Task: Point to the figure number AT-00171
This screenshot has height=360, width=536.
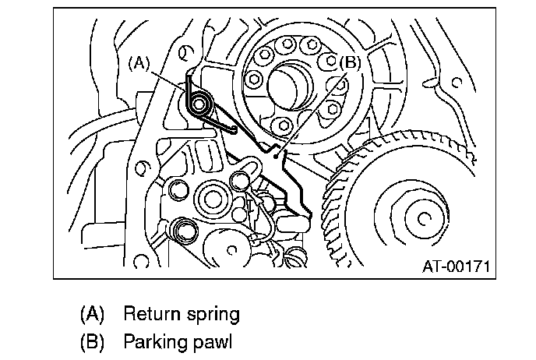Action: coord(455,266)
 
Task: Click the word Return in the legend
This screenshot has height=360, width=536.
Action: coord(151,315)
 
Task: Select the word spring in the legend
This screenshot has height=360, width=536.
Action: coord(211,315)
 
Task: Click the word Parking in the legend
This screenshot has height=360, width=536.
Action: coord(153,341)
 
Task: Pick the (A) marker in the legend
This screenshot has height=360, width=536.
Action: coord(92,315)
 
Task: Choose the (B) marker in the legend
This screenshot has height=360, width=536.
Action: coord(92,341)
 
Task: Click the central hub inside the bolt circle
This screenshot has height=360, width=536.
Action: coord(294,80)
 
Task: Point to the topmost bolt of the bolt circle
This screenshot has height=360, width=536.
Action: coord(291,43)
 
